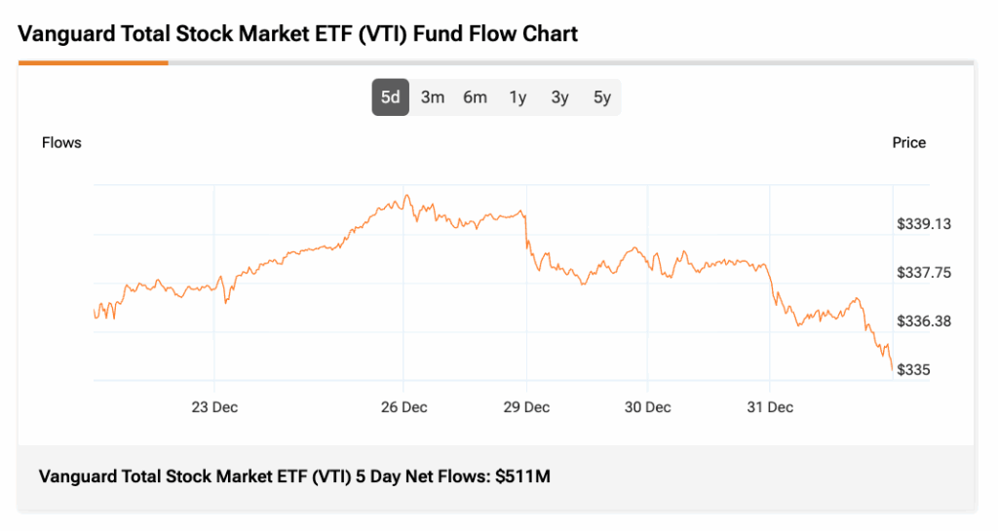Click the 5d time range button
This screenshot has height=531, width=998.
pos(390,97)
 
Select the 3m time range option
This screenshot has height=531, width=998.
pos(433,97)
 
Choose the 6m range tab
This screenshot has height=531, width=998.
pos(475,97)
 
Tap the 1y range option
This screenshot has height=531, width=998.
pos(518,97)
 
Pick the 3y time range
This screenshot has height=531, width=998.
pos(559,97)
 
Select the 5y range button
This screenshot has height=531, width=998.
pos(602,97)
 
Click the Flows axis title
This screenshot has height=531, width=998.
pos(61,143)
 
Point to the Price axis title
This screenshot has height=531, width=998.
pos(908,143)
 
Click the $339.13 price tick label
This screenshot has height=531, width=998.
pos(924,224)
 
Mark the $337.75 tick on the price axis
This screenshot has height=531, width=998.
pos(924,273)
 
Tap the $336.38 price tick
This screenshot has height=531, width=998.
pos(924,322)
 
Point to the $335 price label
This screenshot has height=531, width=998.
pos(914,370)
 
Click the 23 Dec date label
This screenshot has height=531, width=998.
pos(214,407)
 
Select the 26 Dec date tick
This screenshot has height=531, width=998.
pos(403,407)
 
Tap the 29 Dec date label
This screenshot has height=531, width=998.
pos(526,407)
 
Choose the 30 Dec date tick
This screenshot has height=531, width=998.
pos(647,407)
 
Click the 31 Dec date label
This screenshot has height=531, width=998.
pos(770,407)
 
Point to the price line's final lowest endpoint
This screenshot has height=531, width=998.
pos(892,370)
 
